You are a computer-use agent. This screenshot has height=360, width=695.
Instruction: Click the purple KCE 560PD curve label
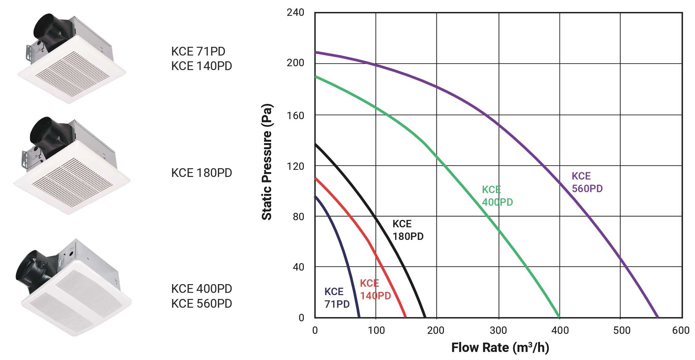(587, 182)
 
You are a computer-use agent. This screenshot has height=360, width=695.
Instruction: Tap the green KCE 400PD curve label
(497, 196)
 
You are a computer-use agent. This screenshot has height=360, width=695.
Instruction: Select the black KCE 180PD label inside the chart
(408, 230)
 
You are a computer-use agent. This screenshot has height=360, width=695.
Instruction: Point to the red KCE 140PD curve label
(375, 289)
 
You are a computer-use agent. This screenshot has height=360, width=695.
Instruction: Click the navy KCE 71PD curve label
(337, 298)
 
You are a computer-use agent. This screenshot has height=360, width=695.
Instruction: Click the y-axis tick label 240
(295, 13)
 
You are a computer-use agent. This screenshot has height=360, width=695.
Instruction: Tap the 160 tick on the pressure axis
(295, 115)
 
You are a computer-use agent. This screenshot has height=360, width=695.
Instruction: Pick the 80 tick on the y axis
(298, 216)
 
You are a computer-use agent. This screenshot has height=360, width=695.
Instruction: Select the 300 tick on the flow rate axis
(498, 330)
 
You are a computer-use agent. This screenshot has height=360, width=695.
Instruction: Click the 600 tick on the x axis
(681, 330)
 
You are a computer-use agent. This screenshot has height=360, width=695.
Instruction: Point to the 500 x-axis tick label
(621, 330)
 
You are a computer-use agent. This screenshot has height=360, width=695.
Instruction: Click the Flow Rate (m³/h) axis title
(500, 348)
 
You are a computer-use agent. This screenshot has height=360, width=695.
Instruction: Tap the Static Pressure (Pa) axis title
(267, 162)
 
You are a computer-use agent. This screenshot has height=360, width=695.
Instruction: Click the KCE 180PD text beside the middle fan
(201, 173)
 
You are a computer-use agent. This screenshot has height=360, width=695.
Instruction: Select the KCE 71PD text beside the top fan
(198, 51)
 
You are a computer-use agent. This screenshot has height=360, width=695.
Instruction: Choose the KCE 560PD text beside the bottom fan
(201, 303)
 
